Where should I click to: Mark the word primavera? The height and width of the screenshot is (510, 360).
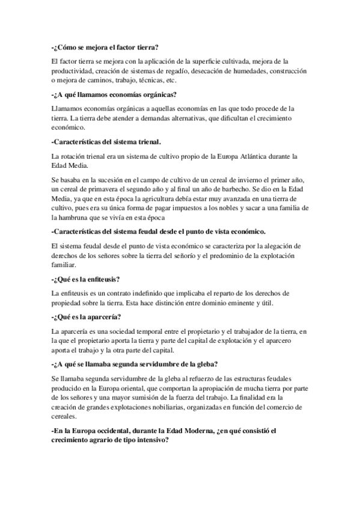coord(108,189)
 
